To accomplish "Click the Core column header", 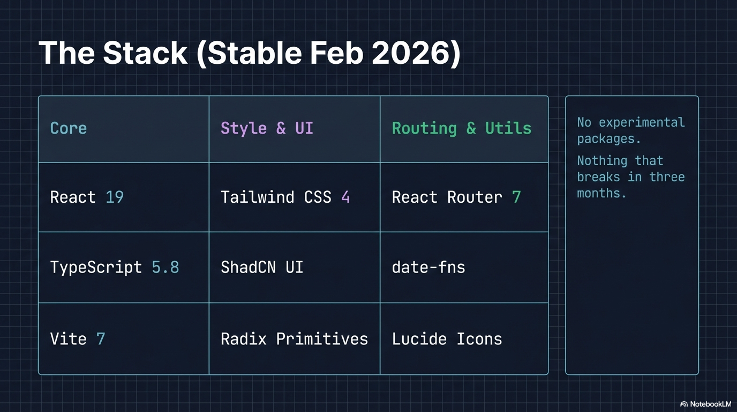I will coord(69,129).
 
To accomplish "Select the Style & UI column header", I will coord(267,129).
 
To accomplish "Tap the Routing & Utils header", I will coord(461,129).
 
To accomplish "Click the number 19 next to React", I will coord(115,197).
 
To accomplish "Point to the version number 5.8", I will coord(166,267).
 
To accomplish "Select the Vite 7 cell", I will coord(78,339).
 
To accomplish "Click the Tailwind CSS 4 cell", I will coord(285,197).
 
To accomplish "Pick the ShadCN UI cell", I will coord(262,267).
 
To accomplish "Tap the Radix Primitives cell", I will coord(294,339).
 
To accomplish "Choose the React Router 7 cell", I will coord(456,197).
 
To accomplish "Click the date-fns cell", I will coord(428,267).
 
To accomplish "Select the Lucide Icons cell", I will coord(447,339).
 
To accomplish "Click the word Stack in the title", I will coord(145,53).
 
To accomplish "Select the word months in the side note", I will coord(601,194).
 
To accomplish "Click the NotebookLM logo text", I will coord(710,404).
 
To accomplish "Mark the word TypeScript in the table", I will coord(96,267).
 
